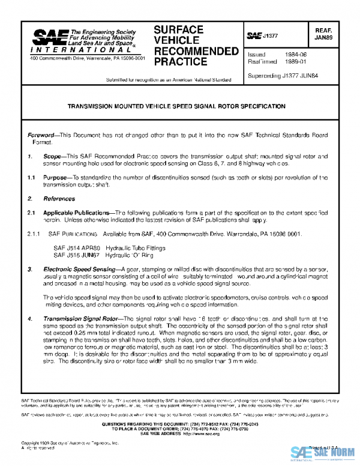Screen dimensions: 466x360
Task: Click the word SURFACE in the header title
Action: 179,29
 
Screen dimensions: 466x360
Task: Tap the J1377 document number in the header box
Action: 272,36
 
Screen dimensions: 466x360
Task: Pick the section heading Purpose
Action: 57,178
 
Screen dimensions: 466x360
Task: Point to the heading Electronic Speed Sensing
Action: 82,270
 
